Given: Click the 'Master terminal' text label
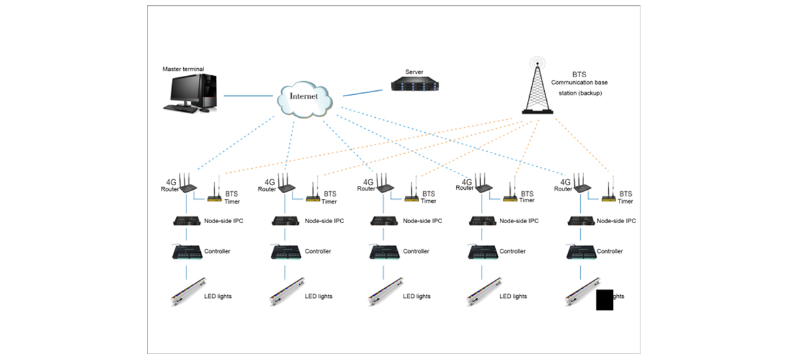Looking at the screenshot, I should point(183,69).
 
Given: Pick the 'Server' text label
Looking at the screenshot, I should point(414,71).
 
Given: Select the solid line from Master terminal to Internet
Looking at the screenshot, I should point(249,96).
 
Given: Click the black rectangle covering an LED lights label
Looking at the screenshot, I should point(604,299).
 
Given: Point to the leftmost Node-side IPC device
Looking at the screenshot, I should point(186,221).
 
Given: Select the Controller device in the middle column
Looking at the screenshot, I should point(383,251).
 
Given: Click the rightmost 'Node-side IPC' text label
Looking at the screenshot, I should point(616,221).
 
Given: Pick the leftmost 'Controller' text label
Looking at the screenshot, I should point(217,251).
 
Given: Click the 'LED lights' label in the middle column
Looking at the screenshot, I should point(417,297).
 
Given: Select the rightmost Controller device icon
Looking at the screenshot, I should point(580,251).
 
